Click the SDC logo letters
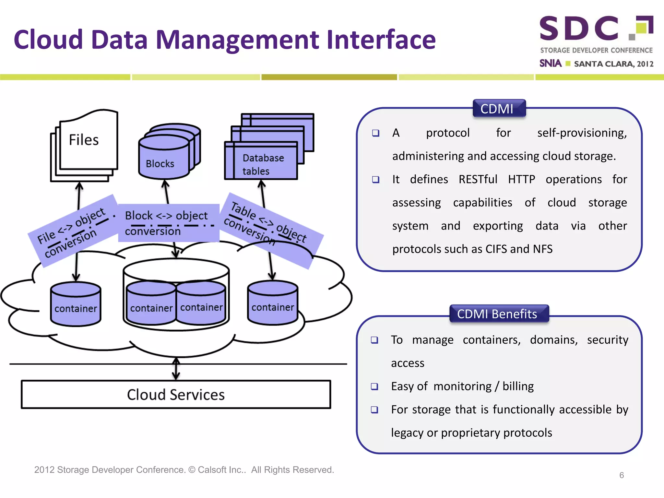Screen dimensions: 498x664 579,29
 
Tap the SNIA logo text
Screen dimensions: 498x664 550,63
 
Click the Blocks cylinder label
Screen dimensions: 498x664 160,164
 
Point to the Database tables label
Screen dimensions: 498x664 263,164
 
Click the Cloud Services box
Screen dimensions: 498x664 176,395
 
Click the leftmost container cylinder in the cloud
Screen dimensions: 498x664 76,305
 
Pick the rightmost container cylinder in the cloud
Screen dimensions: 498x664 272,303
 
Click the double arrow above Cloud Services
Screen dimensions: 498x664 176,369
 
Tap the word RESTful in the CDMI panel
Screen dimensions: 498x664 478,179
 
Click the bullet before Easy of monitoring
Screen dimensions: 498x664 374,386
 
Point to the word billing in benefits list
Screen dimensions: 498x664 518,386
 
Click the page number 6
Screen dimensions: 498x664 621,475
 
